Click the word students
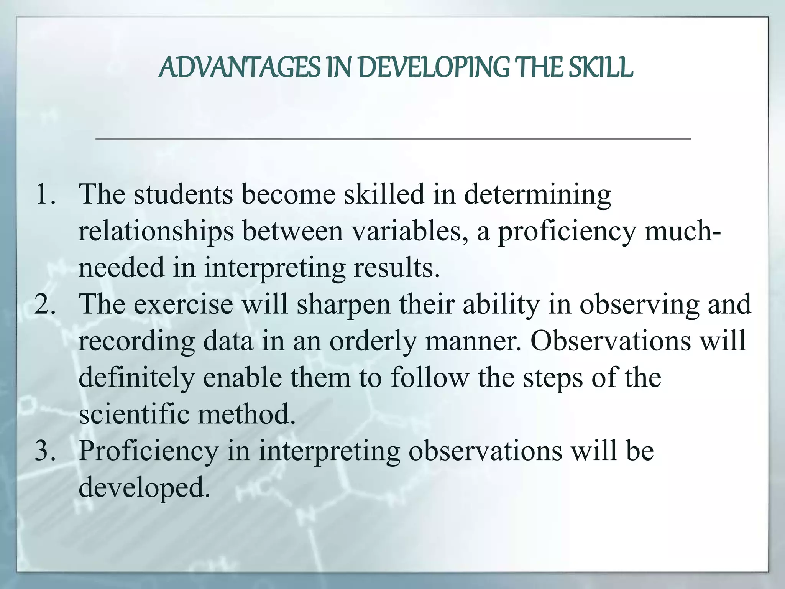coord(183,194)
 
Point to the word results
coord(396,268)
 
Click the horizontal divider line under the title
coord(393,139)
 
